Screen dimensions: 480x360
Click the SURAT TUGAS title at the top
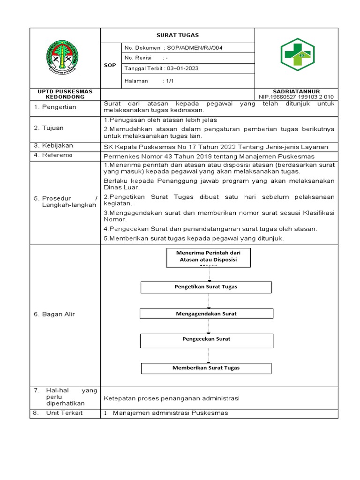(x=177, y=35)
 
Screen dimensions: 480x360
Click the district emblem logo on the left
(x=65, y=58)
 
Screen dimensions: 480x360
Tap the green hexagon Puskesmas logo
(x=298, y=55)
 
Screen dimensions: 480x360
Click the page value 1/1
(x=168, y=81)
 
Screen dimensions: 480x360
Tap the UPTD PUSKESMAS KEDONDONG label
(x=65, y=94)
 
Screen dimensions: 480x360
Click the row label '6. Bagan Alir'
(x=54, y=314)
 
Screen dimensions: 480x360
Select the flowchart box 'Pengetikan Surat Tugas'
(x=206, y=287)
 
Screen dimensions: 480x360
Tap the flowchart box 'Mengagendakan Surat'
(x=206, y=314)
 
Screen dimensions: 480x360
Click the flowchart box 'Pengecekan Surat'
(x=206, y=339)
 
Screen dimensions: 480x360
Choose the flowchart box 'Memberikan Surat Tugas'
(x=206, y=368)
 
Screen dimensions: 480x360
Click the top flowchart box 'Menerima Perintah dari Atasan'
(x=208, y=258)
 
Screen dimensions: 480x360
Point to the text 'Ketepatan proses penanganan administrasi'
(x=172, y=398)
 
